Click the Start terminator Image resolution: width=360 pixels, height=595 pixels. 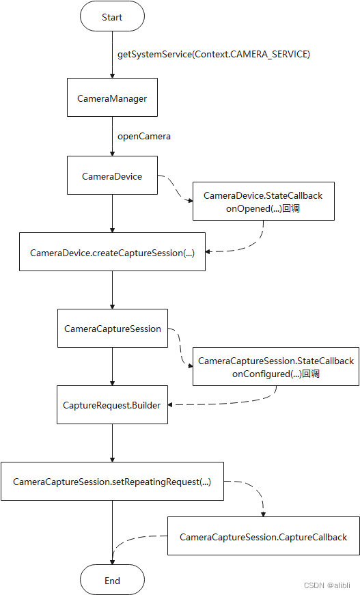112,17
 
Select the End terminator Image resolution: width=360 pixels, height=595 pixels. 112,581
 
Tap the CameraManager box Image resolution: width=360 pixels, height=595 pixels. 112,98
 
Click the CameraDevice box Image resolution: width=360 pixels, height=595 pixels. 112,176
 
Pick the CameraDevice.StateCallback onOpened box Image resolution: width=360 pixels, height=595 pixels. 263,202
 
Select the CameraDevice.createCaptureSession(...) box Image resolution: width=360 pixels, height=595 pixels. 112,252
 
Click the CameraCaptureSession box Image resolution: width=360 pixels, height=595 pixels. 112,329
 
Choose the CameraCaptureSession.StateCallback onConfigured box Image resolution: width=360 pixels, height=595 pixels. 275,367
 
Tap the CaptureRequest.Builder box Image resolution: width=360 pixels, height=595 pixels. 112,405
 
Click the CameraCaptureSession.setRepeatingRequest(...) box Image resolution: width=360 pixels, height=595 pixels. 112,482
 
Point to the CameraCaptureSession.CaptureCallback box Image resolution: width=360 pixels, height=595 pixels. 263,537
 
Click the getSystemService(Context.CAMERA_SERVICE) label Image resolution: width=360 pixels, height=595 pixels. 213,54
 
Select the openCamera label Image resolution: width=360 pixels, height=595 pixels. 143,136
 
